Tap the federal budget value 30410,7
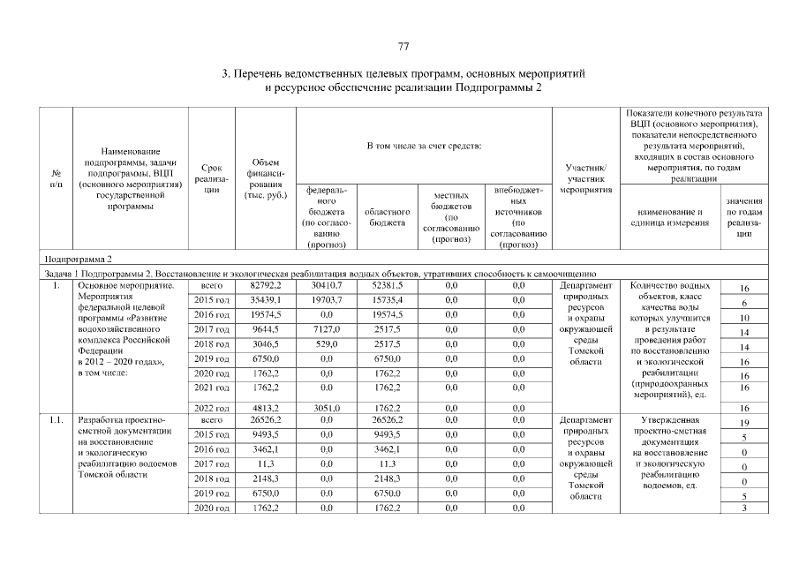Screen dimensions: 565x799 [323, 286]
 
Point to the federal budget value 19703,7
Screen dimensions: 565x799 [323, 301]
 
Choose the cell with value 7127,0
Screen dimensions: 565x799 [323, 331]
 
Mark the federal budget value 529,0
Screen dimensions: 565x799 [323, 346]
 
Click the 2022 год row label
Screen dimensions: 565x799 [211, 407]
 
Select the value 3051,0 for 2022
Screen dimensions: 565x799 [323, 407]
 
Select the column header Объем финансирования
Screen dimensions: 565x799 [266, 177]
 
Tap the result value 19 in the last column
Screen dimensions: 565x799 [744, 424]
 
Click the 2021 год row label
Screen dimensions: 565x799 [211, 387]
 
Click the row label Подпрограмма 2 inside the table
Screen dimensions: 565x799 [79, 260]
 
